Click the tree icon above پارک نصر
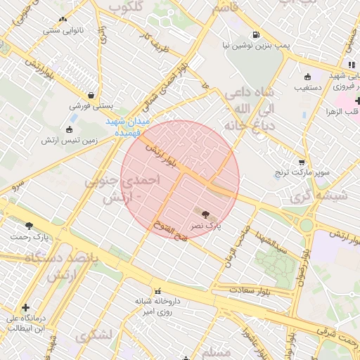click(205, 214)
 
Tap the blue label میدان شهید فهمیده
click(129, 126)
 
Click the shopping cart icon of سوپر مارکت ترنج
click(302, 162)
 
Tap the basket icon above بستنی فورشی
click(91, 95)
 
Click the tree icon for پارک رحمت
click(29, 226)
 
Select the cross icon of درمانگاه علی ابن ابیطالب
click(26, 308)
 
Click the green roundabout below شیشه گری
click(307, 226)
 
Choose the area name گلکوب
click(129, 8)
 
